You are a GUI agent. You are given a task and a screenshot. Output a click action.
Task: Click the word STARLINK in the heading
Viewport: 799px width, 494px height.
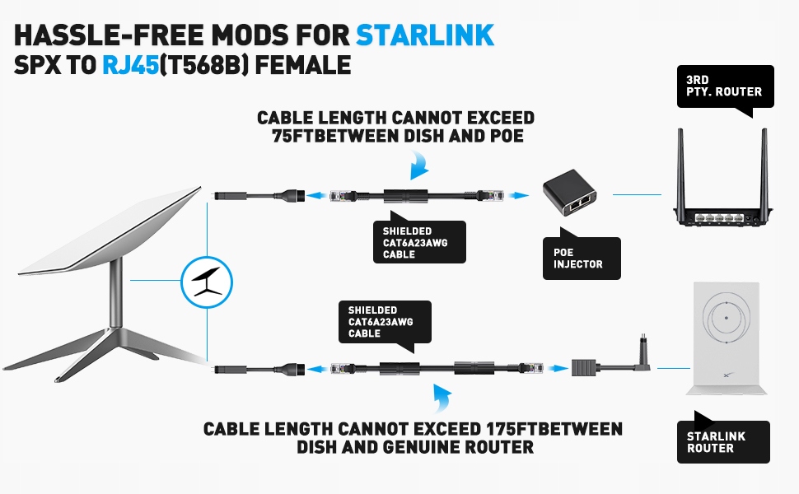click(x=425, y=35)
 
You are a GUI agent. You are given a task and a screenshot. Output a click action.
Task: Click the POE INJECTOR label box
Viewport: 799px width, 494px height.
click(x=580, y=259)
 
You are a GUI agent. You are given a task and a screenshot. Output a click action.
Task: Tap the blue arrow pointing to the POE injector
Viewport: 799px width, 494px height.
click(x=516, y=196)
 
